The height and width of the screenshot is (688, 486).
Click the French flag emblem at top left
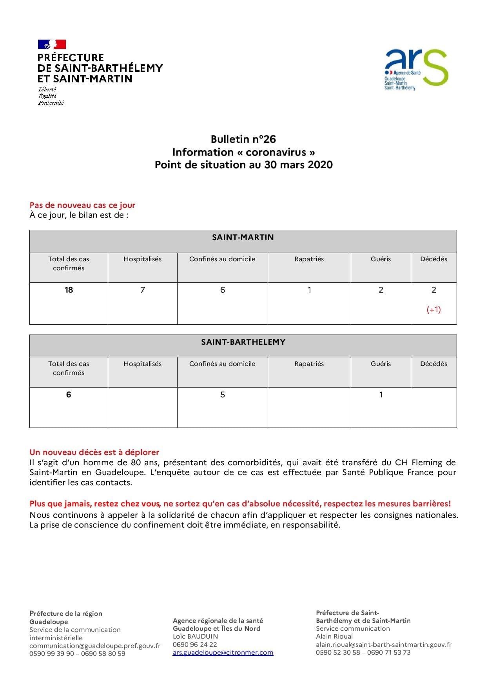coord(52,44)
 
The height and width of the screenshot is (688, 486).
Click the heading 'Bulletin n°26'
coord(243,139)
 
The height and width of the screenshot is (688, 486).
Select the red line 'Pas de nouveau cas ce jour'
coord(82,205)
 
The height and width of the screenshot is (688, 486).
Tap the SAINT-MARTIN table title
coord(243,237)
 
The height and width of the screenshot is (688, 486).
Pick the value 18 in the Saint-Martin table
coord(69,290)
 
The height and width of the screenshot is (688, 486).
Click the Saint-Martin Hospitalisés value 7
coord(143,290)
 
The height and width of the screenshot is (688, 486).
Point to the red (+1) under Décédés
coord(433,309)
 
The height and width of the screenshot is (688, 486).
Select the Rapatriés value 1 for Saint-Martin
coord(309,290)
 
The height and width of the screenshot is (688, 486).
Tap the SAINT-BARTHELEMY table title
coord(243,342)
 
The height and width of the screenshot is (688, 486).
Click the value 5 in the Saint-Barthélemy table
coord(223,395)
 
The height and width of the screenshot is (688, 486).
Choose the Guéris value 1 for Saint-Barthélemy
coord(381,395)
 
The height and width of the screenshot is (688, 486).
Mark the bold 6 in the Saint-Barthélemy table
coord(69,395)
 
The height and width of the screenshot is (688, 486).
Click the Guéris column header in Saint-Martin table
coord(381,259)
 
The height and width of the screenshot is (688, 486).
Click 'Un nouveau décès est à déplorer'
coord(94,452)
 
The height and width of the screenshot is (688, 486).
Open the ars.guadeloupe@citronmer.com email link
coord(223,652)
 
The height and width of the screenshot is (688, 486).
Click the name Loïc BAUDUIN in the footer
coord(195,636)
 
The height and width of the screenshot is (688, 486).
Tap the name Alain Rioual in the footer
coord(334,636)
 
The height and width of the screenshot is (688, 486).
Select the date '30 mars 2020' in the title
coord(298,165)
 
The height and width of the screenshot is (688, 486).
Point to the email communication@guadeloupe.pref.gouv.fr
coord(95,646)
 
